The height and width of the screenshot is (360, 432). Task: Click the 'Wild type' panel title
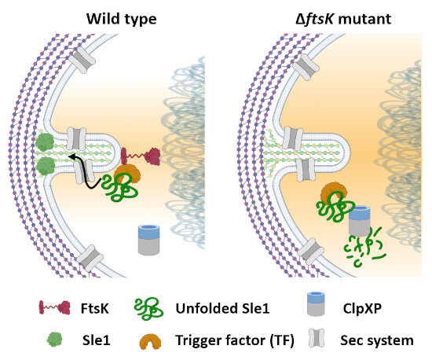[x=122, y=20]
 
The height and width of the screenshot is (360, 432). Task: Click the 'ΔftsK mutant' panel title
[x=343, y=20]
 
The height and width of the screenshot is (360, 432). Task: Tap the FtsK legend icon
[x=55, y=307]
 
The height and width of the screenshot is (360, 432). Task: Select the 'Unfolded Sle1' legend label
[x=222, y=308]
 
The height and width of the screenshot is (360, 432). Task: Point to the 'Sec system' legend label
[x=377, y=340]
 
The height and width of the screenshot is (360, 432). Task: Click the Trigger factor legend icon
[x=151, y=342]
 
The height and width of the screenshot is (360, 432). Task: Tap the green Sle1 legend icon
[x=54, y=340]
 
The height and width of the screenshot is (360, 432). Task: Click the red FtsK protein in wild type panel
[x=141, y=156]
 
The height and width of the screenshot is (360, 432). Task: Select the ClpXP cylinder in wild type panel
[x=148, y=240]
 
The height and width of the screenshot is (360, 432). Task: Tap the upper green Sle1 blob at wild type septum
[x=45, y=142]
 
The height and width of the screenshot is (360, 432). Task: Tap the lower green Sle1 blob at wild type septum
[x=46, y=166]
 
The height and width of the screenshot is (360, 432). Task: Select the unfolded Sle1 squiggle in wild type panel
[x=120, y=187]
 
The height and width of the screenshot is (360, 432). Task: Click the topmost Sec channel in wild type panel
[x=82, y=60]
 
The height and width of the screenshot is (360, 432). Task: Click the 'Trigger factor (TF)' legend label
[x=235, y=340]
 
